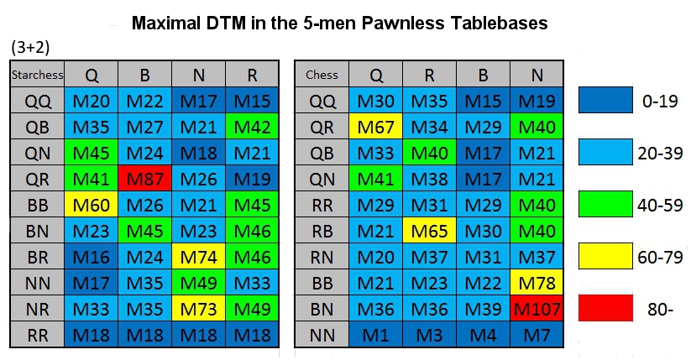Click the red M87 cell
point(145,179)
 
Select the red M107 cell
point(537,309)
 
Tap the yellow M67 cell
point(375,127)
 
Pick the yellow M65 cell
point(429,231)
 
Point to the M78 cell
point(537,283)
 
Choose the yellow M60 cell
point(92,205)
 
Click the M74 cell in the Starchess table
point(199,257)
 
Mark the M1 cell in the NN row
point(375,335)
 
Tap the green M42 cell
point(252,127)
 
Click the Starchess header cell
point(38,75)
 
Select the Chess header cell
point(322,75)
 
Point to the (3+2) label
point(30,47)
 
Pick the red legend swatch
point(605,308)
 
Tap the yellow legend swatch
point(605,256)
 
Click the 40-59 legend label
point(660,205)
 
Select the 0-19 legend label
point(660,101)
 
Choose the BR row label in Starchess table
point(38,257)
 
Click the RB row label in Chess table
point(322,231)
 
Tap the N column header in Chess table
point(537,75)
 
